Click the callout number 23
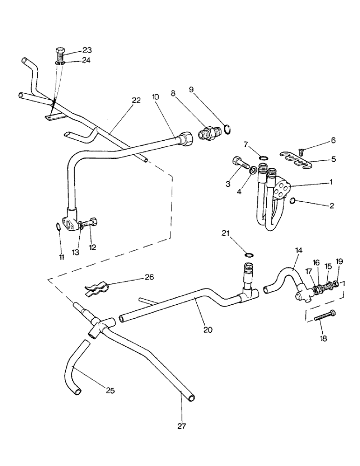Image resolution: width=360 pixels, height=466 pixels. click(x=87, y=50)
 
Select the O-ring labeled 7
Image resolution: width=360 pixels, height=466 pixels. click(x=263, y=159)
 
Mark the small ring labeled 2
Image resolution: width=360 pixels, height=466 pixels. click(x=292, y=201)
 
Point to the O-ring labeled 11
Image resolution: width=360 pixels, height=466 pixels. click(x=57, y=227)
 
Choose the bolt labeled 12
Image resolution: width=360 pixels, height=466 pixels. click(x=90, y=223)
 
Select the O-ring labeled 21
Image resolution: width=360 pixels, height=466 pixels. click(x=250, y=255)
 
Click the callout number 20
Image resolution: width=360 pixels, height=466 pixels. click(x=208, y=329)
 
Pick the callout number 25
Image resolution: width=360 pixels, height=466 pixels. click(x=110, y=390)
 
